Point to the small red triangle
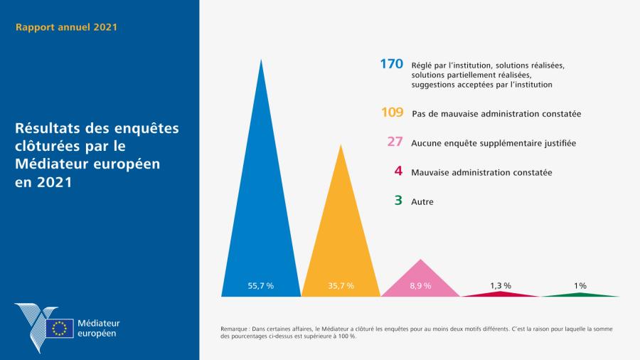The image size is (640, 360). tap(501, 293)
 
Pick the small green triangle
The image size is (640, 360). tap(580, 294)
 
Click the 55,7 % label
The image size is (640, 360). tap(260, 285)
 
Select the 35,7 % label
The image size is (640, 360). tap(341, 285)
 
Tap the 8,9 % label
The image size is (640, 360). tap(421, 285)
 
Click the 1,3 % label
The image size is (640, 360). tap(501, 285)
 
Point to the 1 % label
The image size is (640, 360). tap(580, 285)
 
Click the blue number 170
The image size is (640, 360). tap(391, 64)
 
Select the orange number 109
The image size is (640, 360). tap(392, 112)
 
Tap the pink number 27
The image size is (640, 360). tap(395, 142)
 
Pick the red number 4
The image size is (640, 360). tap(398, 171)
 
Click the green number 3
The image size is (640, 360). tap(398, 201)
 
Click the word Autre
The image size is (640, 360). tap(422, 201)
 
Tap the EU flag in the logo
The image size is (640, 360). tap(60, 328)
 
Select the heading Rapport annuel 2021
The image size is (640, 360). tap(66, 28)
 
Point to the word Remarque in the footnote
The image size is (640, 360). tap(236, 329)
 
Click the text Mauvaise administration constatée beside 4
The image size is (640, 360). tap(481, 172)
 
